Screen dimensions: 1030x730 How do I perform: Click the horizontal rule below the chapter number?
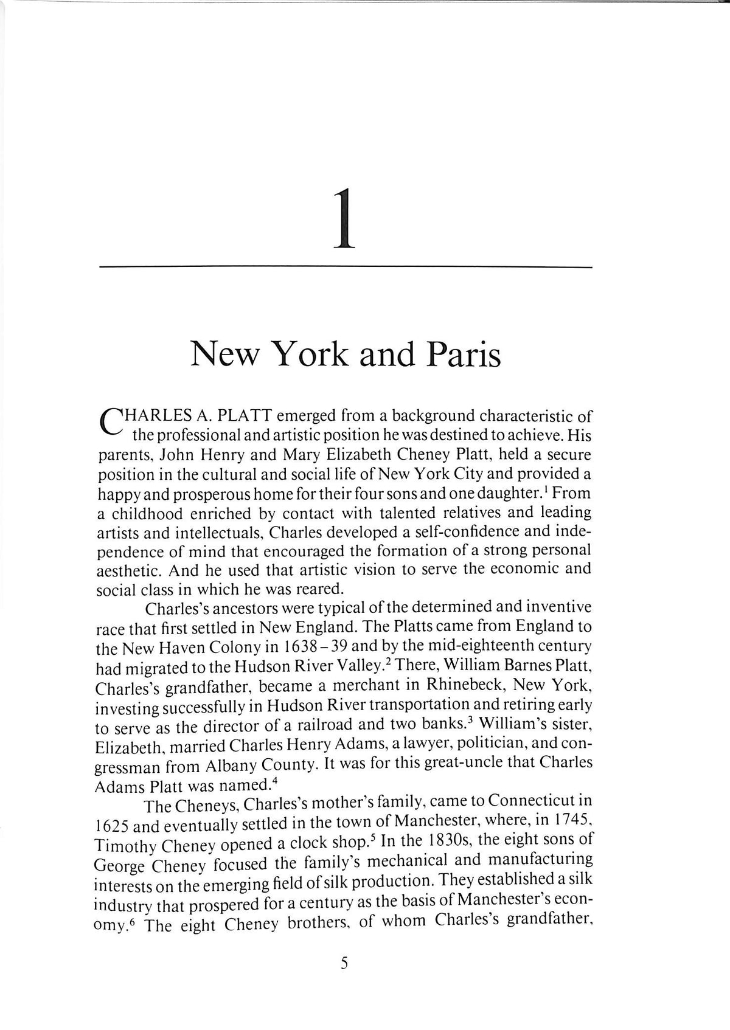click(345, 267)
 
